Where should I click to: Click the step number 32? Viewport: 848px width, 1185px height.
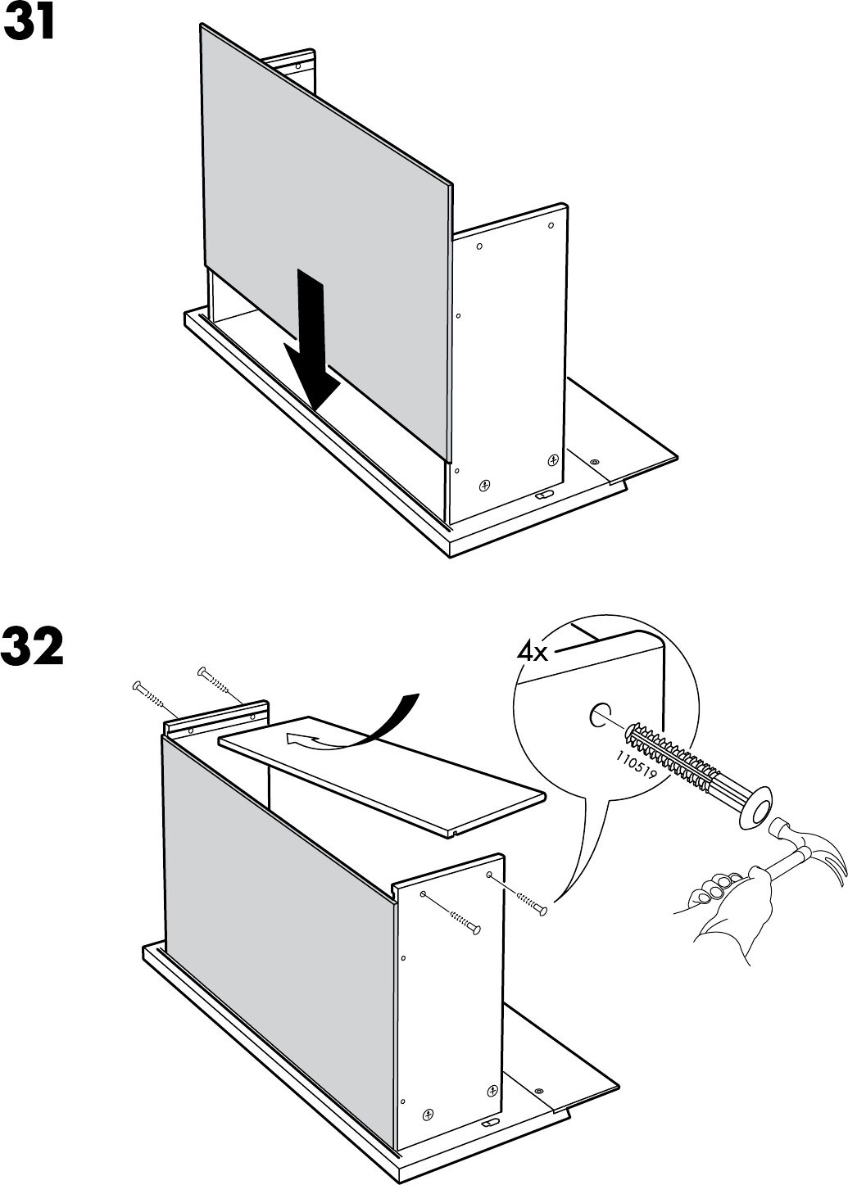[33, 648]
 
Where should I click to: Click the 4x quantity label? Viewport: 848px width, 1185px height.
[532, 652]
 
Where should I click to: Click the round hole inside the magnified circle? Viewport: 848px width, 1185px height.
[599, 716]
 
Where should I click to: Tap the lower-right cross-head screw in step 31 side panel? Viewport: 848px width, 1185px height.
[553, 459]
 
